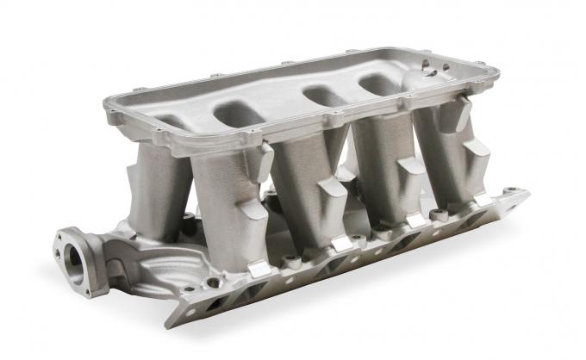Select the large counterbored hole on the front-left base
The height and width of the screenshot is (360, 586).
click(x=212, y=282)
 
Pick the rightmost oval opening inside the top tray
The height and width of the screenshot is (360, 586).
click(x=379, y=84)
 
